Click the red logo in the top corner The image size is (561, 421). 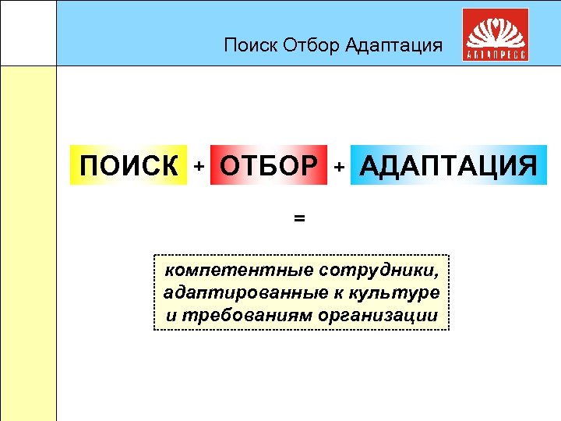[495, 35]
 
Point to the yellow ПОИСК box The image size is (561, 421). [129, 165]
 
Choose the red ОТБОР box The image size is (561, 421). [269, 165]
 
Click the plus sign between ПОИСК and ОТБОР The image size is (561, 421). [199, 166]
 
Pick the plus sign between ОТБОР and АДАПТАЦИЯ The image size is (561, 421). [339, 166]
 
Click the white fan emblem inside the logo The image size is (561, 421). [495, 30]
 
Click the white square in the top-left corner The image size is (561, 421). [28, 33]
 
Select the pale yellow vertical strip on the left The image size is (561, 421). [28, 242]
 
